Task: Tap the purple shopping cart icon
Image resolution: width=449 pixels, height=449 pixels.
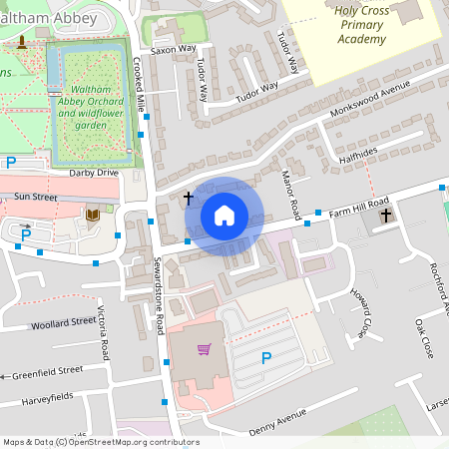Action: [205, 349]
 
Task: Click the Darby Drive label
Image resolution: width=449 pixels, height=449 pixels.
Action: [94, 173]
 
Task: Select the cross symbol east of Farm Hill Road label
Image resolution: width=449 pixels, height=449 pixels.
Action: [385, 215]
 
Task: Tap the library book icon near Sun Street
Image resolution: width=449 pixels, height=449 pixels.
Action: [93, 215]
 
